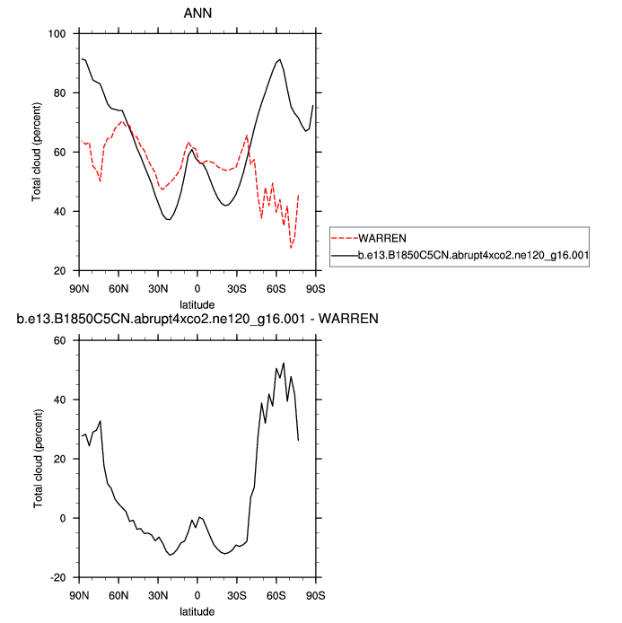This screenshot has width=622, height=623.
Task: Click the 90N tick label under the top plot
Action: (x=79, y=288)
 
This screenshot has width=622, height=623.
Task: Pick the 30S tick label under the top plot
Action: (x=236, y=288)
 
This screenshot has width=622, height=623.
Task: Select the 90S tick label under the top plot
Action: (x=315, y=288)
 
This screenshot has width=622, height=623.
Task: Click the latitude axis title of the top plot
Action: (x=197, y=304)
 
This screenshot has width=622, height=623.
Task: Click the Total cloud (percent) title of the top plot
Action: (x=37, y=152)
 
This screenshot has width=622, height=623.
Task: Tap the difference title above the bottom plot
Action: (x=197, y=319)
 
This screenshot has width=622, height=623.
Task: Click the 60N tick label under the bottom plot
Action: (x=118, y=595)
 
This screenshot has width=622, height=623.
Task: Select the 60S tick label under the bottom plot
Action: (x=276, y=595)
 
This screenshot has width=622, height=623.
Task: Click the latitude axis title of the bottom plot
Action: (x=197, y=611)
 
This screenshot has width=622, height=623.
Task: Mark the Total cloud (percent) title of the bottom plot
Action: (x=37, y=459)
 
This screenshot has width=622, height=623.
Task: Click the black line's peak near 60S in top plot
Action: (x=280, y=59)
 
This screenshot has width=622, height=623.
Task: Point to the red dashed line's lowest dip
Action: (x=291, y=247)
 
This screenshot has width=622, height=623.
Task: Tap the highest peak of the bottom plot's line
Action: (x=284, y=364)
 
